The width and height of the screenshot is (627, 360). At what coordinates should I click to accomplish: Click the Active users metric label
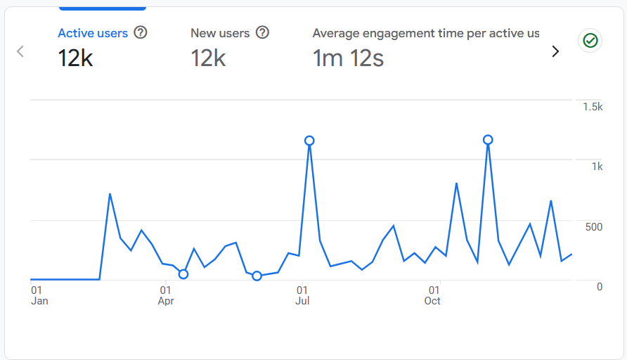pos(93,33)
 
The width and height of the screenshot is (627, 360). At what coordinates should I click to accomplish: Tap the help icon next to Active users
pos(141,32)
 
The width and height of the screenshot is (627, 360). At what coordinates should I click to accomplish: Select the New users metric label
pos(220,33)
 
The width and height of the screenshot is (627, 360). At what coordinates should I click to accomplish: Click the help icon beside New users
pos(263,32)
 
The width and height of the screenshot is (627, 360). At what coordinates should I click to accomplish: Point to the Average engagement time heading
pos(426,33)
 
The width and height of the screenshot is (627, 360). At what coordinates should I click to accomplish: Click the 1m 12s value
pos(348,58)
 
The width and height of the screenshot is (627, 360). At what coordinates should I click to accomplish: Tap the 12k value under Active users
pos(75,58)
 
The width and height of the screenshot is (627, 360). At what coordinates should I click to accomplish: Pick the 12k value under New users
pos(208,58)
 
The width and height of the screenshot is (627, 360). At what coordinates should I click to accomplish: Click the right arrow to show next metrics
pos(555,51)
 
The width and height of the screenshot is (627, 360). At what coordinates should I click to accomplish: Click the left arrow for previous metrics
pos(20,51)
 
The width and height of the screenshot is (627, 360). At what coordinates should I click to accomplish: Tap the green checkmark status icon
pos(590,41)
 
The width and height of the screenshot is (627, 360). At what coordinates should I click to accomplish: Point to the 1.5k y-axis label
pos(593,107)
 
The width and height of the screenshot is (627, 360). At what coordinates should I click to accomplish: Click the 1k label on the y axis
pos(597,167)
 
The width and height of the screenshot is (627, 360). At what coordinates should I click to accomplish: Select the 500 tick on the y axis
pos(593,226)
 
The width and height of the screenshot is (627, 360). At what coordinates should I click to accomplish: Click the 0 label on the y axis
pos(599,286)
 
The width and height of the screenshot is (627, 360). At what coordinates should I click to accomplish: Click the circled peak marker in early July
pos(309,141)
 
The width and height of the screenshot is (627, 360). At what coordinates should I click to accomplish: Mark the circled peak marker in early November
pos(488,140)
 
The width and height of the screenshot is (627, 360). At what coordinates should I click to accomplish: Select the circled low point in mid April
pos(183,274)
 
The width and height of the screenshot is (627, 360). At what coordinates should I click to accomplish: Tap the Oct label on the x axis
pos(432,301)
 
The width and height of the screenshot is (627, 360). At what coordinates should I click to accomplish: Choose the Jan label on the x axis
pos(39,301)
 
